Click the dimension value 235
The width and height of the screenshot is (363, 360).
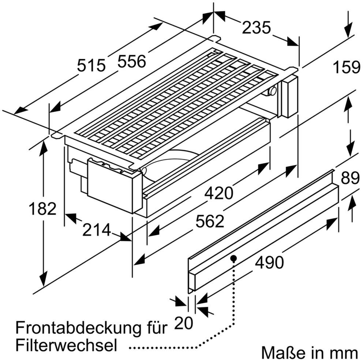(256, 27)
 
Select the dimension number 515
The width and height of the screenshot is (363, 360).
(91, 66)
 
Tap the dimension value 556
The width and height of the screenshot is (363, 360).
(132, 61)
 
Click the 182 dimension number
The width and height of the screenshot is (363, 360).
(43, 209)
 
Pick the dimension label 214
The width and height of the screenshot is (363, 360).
(96, 230)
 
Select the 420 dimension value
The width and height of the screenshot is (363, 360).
(218, 193)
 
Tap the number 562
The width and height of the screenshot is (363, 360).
(209, 221)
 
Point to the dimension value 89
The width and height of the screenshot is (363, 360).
(350, 179)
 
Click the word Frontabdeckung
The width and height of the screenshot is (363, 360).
(73, 327)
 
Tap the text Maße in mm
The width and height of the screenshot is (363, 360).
(309, 353)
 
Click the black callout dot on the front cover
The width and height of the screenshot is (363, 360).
(233, 258)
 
